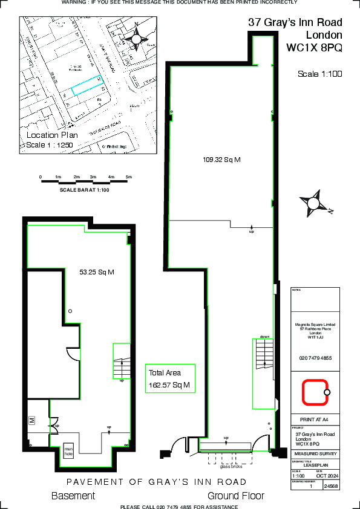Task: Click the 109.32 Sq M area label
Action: click(x=221, y=160)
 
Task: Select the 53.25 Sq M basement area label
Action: click(x=97, y=272)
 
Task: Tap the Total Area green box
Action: click(x=170, y=378)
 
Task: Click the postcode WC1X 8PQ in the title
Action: click(x=314, y=47)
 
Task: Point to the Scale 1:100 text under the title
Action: click(x=320, y=74)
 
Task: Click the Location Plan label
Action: click(x=52, y=135)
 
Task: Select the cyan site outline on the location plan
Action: click(x=87, y=86)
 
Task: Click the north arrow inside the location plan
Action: click(x=137, y=39)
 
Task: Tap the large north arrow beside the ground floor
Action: click(x=315, y=203)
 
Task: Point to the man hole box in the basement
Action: click(x=69, y=451)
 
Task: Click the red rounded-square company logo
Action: click(x=315, y=392)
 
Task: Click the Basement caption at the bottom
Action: click(x=73, y=496)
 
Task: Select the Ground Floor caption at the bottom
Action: click(x=236, y=496)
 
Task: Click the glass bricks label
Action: click(x=231, y=467)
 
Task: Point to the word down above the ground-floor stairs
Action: click(x=264, y=337)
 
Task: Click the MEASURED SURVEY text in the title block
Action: click(x=315, y=453)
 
